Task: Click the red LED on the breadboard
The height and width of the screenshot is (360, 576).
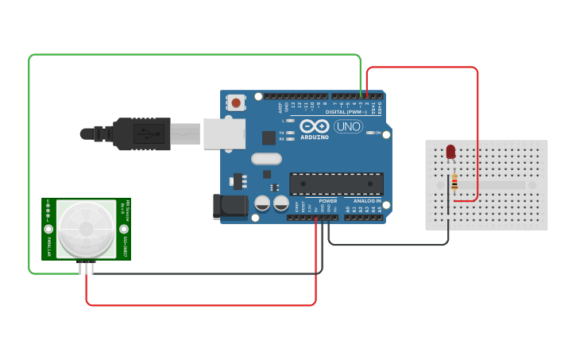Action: (x=450, y=151)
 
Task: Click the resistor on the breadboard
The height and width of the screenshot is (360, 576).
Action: (x=454, y=183)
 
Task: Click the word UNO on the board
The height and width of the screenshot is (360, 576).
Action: (x=348, y=127)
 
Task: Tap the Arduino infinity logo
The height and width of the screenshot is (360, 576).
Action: (x=315, y=127)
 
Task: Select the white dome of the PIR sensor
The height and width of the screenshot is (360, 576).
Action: (x=86, y=228)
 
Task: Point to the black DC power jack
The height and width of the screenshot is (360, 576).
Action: (x=229, y=207)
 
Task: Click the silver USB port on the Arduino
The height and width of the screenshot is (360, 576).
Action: (x=224, y=134)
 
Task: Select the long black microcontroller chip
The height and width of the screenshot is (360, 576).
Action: (x=336, y=184)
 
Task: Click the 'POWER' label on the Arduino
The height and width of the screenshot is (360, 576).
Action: (x=328, y=201)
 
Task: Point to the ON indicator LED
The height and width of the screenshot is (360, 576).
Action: (x=369, y=133)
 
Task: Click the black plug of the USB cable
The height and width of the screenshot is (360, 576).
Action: (x=141, y=134)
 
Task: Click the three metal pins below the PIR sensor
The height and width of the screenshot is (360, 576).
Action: (x=86, y=268)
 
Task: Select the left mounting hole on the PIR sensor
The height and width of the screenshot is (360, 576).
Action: (x=48, y=229)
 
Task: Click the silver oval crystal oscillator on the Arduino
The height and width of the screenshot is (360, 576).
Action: (x=266, y=158)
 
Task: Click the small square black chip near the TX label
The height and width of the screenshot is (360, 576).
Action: (x=269, y=137)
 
